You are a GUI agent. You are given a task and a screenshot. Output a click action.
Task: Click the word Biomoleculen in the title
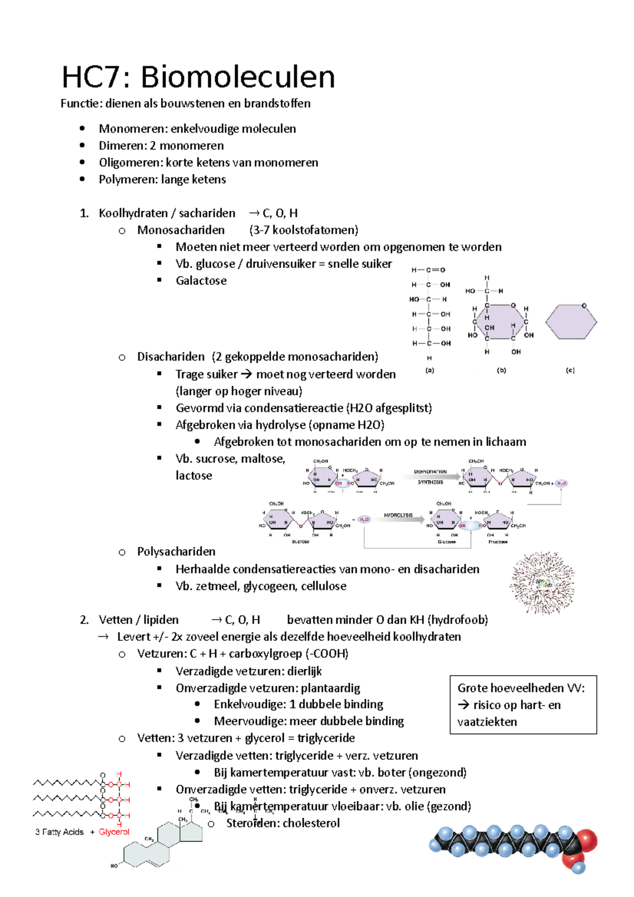237,77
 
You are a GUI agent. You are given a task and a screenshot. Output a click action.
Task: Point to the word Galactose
201,281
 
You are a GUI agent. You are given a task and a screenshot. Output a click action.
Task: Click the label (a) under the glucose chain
430,370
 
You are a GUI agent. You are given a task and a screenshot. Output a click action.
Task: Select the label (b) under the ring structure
501,370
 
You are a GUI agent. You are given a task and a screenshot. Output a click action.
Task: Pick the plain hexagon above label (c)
571,322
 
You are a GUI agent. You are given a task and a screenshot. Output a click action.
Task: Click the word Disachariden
171,357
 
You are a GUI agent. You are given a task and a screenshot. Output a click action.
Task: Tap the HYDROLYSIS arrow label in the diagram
398,515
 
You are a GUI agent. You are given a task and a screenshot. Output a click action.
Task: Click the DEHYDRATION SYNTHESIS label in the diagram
431,477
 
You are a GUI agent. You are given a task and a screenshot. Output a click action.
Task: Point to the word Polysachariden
176,552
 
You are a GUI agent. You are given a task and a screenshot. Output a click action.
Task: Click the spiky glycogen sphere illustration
542,583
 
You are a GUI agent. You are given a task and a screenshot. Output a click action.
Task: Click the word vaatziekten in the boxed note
487,722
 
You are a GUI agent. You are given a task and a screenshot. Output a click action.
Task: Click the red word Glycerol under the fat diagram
114,832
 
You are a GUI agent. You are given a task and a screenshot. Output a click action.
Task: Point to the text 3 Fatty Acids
59,832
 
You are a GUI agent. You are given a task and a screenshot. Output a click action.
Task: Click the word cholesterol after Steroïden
311,823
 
